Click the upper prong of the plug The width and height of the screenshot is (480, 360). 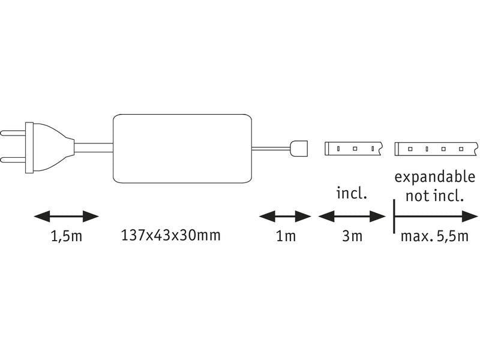point(13,133)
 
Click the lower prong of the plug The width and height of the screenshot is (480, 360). point(13,160)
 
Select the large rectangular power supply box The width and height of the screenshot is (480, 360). point(182,148)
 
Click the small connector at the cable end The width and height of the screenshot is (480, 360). point(298,148)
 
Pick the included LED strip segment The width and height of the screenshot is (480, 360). point(353,149)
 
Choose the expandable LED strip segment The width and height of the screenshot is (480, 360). point(437,149)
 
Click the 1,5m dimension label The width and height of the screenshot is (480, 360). point(67,236)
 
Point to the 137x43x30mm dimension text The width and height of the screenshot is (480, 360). point(171,235)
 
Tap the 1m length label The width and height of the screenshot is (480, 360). point(286,236)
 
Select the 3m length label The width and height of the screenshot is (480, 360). point(352,236)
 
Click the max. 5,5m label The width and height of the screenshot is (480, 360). point(434,236)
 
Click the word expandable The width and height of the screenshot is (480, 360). point(434,178)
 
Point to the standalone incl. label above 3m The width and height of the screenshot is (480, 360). point(352,193)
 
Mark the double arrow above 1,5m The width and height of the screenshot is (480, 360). point(66,217)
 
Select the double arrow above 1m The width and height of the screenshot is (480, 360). point(285,217)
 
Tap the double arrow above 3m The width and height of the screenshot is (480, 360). point(352,217)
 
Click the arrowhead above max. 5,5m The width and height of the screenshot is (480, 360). point(470,217)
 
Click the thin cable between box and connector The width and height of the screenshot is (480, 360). point(271,149)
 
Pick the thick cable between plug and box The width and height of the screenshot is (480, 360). point(94,148)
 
